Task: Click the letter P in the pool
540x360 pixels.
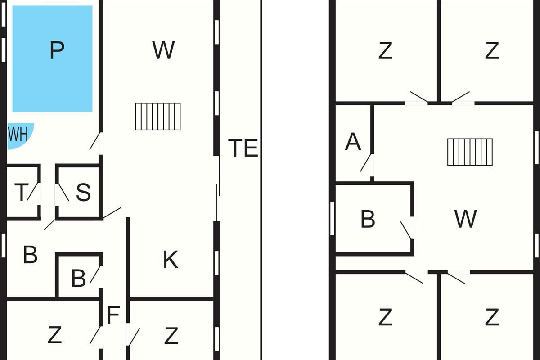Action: tap(57, 50)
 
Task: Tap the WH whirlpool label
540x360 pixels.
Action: tap(18, 134)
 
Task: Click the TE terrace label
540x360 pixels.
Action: tap(243, 148)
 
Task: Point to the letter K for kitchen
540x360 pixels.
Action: tap(171, 260)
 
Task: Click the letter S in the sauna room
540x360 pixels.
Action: tap(83, 192)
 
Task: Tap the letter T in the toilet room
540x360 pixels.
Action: tap(22, 192)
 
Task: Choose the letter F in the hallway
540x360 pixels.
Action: tap(113, 315)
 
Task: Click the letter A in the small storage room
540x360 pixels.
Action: tap(353, 141)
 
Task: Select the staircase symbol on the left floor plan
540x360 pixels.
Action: tap(158, 117)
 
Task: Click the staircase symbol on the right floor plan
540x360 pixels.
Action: tap(470, 152)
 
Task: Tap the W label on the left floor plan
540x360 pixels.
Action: tap(163, 50)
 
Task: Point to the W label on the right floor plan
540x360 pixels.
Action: tap(465, 219)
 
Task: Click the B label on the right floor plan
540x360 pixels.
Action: tap(368, 219)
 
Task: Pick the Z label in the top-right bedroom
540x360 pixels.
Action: tap(492, 50)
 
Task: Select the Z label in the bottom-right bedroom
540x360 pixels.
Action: tap(492, 317)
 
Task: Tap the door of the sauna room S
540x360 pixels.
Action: tap(63, 193)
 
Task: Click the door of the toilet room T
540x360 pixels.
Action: tap(33, 191)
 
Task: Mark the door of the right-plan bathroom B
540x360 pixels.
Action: tap(406, 230)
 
